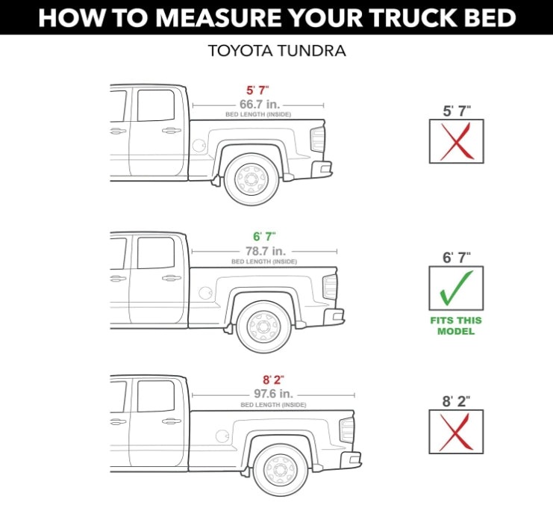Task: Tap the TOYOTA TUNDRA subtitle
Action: click(x=276, y=52)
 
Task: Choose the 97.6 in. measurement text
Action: click(x=272, y=393)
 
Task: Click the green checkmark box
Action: click(x=455, y=288)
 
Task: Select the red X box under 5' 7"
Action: click(x=456, y=141)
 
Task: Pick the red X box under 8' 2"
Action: click(x=456, y=431)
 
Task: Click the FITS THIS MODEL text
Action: click(x=455, y=326)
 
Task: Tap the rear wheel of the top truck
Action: click(x=251, y=179)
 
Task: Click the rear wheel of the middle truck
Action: click(x=263, y=326)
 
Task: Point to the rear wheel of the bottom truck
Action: click(x=280, y=468)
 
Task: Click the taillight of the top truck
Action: click(x=318, y=139)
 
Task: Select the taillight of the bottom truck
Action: click(x=347, y=430)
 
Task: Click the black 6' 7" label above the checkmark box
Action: click(x=455, y=257)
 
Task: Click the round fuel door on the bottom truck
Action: click(x=222, y=436)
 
